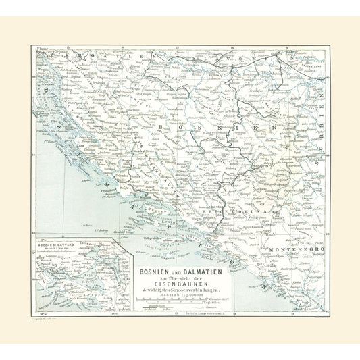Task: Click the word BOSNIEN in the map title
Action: coord(157,253)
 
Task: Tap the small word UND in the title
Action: coord(178,254)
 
